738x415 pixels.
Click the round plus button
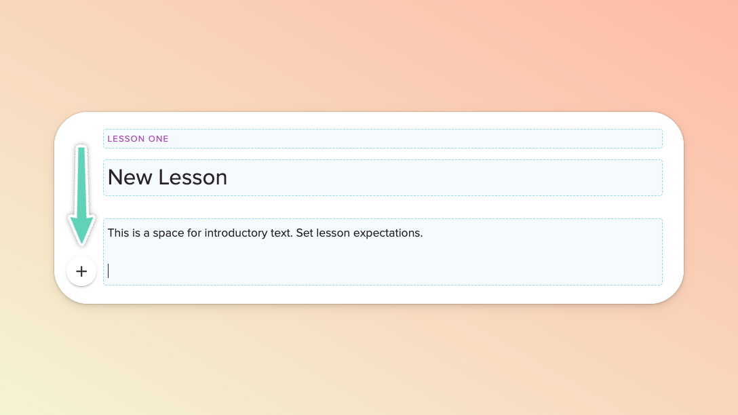(81, 271)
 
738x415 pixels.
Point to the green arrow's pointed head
(81, 243)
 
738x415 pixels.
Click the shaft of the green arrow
(81, 182)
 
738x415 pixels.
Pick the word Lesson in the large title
(193, 178)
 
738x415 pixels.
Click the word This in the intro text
(117, 233)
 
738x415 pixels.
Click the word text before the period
(279, 233)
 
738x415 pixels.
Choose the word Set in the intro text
(305, 233)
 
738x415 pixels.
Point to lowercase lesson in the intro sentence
(333, 233)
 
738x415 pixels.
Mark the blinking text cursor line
(109, 271)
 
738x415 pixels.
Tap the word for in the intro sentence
(195, 233)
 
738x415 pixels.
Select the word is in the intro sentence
(136, 233)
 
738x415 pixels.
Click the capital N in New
(115, 178)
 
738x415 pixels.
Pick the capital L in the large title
(163, 178)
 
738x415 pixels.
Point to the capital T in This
(111, 233)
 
